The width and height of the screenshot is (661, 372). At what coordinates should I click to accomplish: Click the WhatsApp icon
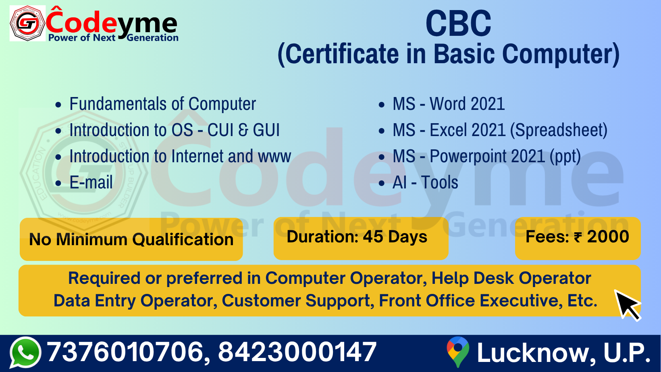click(25, 352)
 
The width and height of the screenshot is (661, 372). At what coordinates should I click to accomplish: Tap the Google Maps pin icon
click(458, 352)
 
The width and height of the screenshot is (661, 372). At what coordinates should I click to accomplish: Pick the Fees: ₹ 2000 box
click(578, 238)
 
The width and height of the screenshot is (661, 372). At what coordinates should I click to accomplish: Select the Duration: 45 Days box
click(361, 238)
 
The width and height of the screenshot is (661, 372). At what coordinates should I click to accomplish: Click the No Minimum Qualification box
click(131, 239)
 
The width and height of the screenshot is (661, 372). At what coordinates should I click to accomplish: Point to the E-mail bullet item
click(91, 182)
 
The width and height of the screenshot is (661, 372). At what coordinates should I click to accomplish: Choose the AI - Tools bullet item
click(425, 182)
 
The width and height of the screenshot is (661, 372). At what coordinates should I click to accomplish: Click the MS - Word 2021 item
click(449, 104)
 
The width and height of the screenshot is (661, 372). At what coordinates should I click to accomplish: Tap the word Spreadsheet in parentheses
click(559, 130)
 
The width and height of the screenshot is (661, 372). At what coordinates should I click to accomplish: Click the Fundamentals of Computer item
click(162, 104)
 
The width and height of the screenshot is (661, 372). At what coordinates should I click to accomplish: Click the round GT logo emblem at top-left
click(27, 23)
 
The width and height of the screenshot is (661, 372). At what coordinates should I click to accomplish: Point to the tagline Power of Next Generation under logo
click(113, 38)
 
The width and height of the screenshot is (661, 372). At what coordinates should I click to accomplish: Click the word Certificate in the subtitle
click(342, 54)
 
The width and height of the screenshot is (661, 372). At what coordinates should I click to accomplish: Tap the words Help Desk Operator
click(511, 278)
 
